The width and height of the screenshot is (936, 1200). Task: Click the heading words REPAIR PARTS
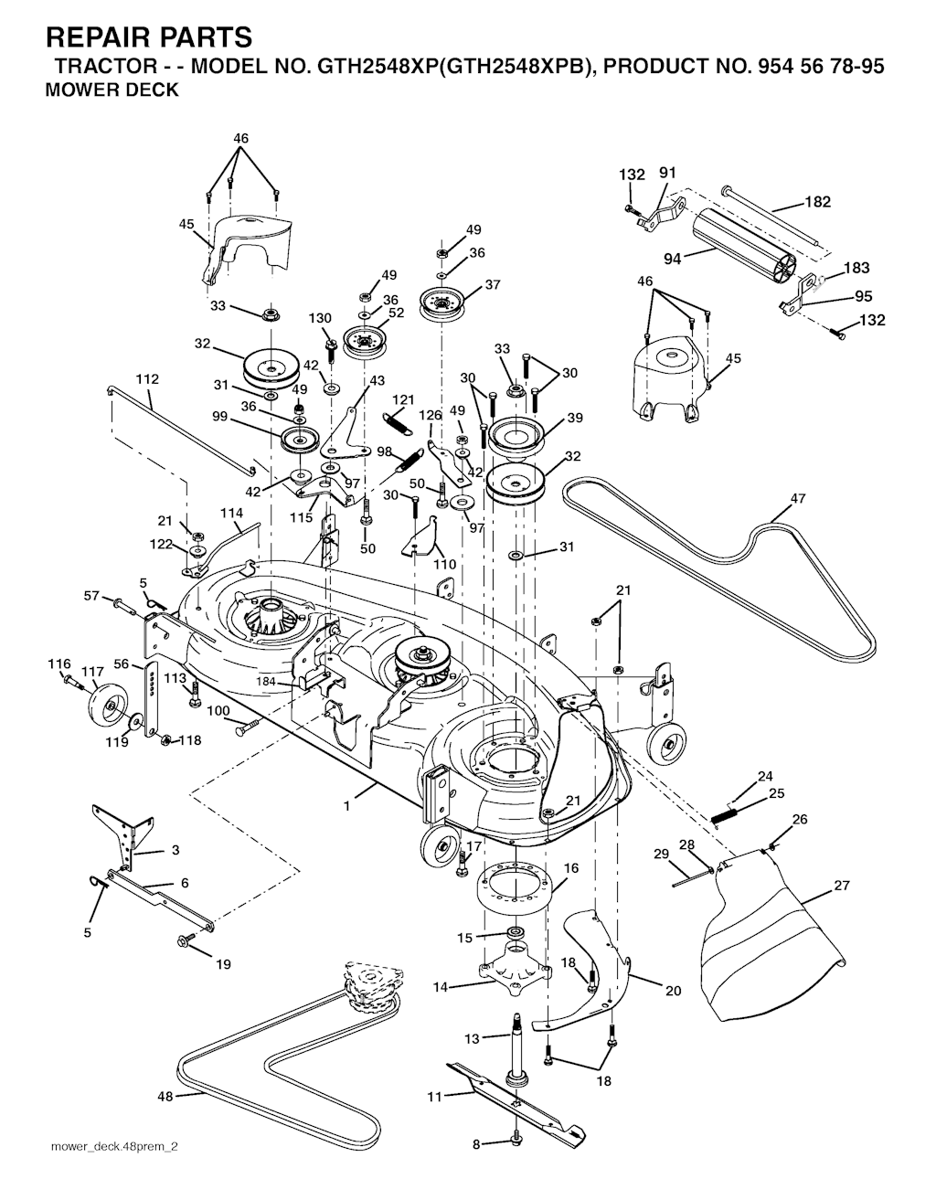coord(148,37)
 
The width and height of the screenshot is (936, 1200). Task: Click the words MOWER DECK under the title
coord(112,90)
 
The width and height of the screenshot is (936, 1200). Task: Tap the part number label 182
coord(817,202)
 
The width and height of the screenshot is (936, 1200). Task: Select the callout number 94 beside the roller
coord(673,259)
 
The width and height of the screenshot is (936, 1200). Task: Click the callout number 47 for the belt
coord(798,498)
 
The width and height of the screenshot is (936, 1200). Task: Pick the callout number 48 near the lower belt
coord(165,1096)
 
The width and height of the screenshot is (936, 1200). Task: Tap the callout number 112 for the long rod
coord(147,378)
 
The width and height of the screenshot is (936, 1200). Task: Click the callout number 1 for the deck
coord(347,806)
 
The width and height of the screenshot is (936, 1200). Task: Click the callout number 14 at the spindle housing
coord(441,987)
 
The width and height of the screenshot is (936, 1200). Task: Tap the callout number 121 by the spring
coord(403,399)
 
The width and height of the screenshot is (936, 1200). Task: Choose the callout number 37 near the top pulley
coord(493,284)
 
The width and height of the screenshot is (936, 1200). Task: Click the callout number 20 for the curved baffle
coord(674,991)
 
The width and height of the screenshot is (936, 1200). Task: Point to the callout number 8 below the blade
coord(475,1144)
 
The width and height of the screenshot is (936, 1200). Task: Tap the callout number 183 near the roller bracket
coord(856,268)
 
